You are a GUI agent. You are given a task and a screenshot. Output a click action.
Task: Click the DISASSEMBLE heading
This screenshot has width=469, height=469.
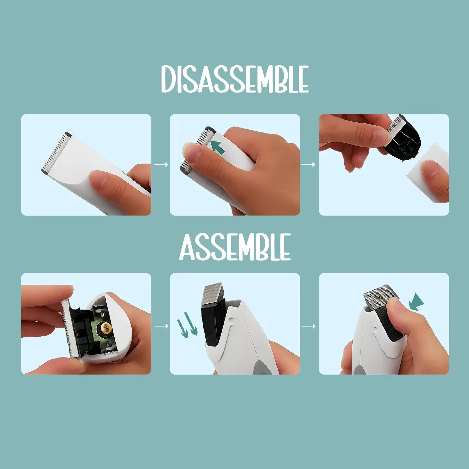(235, 79)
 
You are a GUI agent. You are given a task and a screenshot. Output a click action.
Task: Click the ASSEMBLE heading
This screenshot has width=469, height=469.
(235, 247)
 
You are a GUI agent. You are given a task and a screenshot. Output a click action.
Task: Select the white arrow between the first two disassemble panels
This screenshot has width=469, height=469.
(161, 165)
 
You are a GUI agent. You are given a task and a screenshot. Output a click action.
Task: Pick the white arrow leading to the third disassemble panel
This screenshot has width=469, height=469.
(308, 165)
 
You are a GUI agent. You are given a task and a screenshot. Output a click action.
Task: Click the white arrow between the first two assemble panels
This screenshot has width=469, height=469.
(161, 326)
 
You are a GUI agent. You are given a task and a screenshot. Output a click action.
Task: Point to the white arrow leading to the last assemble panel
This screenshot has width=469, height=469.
(308, 326)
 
